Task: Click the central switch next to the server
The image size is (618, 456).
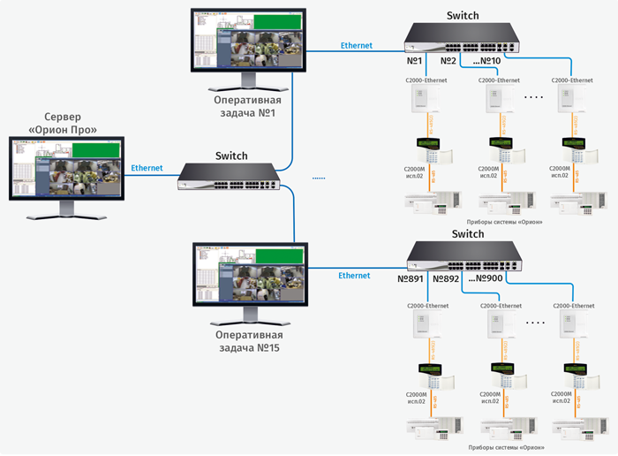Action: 232,177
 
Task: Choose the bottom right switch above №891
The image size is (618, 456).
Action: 463,256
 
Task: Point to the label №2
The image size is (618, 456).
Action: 448,62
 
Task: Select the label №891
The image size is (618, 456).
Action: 411,278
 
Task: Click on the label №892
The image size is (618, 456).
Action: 446,278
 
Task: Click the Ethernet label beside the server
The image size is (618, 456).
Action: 147,167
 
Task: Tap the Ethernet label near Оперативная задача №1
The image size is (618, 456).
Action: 357,45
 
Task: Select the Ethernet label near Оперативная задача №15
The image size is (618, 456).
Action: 354,276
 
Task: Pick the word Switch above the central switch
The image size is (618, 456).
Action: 232,156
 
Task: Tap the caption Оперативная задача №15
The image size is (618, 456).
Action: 249,341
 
